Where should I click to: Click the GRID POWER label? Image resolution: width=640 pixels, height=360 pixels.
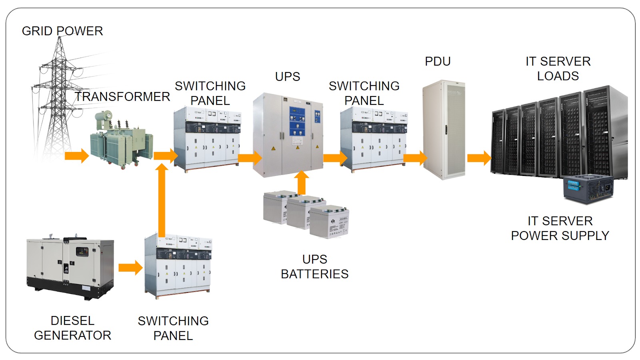[62, 31]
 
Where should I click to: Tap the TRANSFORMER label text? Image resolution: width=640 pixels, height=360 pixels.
[122, 96]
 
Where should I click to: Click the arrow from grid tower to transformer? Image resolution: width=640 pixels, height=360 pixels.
[77, 156]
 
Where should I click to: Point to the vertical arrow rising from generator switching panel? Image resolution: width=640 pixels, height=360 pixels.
[162, 200]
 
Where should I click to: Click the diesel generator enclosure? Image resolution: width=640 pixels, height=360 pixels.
[70, 266]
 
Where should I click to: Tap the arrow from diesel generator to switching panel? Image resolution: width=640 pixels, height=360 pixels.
[130, 268]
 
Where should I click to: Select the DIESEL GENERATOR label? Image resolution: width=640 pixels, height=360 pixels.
[72, 328]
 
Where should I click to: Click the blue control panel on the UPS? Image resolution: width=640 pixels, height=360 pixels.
[297, 122]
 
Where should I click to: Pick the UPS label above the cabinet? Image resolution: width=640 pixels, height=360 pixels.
[287, 76]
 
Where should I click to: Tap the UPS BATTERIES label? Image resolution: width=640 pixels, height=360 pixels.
[315, 266]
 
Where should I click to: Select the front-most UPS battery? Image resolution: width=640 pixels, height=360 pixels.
[330, 222]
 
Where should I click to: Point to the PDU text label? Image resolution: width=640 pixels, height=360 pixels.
[438, 61]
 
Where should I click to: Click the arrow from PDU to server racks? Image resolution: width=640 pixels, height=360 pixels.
[479, 158]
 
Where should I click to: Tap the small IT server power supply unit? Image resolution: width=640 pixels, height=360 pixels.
[588, 188]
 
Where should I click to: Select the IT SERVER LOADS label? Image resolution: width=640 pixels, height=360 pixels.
[558, 68]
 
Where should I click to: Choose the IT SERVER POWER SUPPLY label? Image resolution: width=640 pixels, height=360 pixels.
[560, 228]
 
